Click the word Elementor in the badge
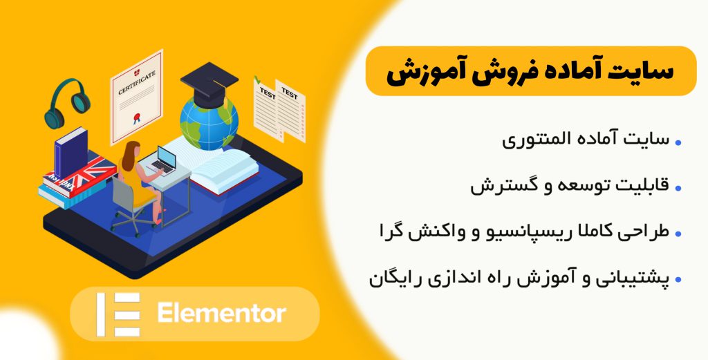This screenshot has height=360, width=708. pyautogui.click(x=221, y=314)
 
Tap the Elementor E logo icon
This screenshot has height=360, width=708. pyautogui.click(x=118, y=314)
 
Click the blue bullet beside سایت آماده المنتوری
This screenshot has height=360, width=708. pyautogui.click(x=678, y=142)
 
